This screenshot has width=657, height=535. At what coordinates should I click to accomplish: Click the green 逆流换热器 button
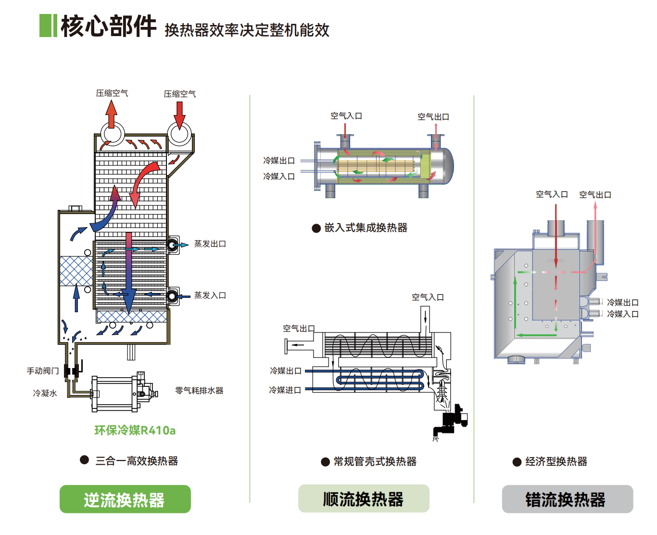point(125,499)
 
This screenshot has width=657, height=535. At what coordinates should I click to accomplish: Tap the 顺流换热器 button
point(364,499)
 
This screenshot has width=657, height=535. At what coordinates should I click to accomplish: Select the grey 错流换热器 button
point(567,499)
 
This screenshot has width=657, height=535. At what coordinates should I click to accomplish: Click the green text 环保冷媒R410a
point(135,430)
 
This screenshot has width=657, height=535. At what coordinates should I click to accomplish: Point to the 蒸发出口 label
point(210,244)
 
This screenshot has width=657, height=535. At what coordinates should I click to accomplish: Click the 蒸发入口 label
point(210,295)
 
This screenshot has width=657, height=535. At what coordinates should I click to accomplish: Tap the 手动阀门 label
point(43,371)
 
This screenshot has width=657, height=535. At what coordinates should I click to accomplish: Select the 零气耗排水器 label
point(199,391)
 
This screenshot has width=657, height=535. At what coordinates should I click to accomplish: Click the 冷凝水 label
point(45,394)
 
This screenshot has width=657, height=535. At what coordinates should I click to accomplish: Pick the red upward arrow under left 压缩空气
point(112,114)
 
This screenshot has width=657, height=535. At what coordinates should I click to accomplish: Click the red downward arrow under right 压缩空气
point(179,115)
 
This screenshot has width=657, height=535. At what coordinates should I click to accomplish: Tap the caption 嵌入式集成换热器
point(366,228)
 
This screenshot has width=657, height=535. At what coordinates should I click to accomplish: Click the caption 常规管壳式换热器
point(375,462)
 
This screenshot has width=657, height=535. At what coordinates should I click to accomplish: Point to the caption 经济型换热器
point(556,462)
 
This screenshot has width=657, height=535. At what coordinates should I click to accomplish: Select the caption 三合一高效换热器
point(137,461)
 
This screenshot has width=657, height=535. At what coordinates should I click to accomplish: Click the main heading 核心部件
point(109,26)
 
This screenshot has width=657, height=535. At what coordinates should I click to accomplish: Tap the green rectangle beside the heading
point(48,26)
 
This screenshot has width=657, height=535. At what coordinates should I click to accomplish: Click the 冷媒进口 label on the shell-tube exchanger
point(285,390)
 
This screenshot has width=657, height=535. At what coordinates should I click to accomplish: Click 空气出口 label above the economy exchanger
point(595,195)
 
